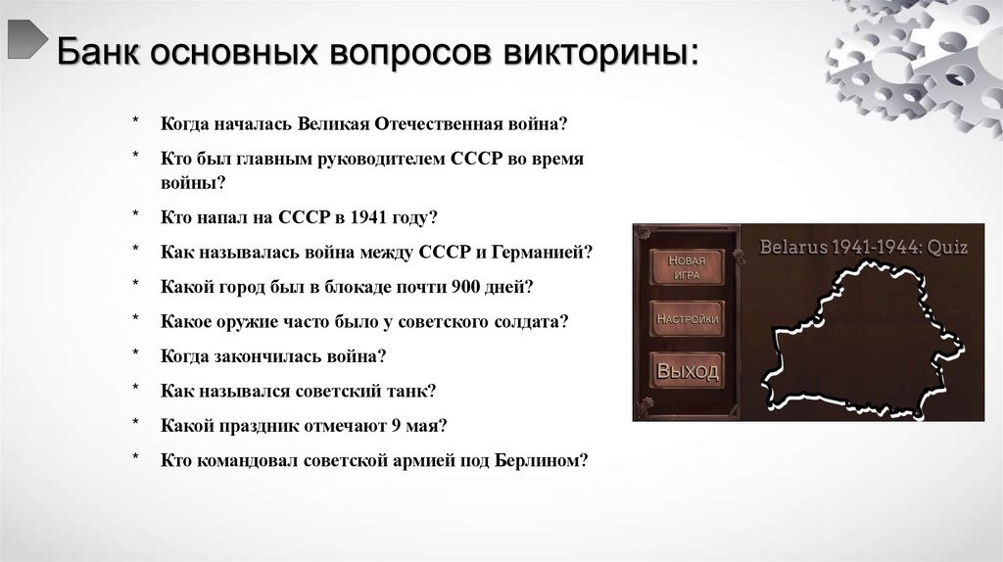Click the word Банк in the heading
(x=95, y=52)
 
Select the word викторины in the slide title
(x=599, y=52)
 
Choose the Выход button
(x=687, y=371)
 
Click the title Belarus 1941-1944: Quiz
(x=863, y=247)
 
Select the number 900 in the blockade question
(x=465, y=286)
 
